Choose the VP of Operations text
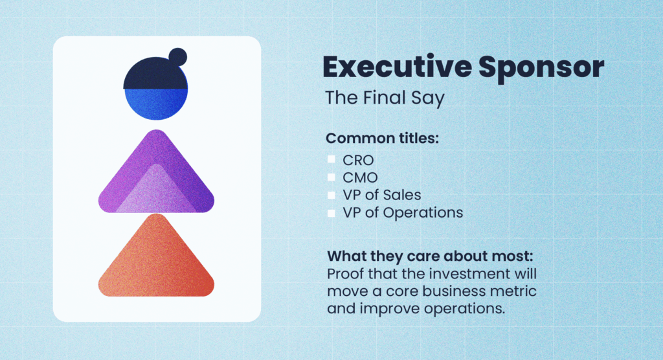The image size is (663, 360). pyautogui.click(x=403, y=212)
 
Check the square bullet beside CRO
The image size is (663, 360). pyautogui.click(x=331, y=159)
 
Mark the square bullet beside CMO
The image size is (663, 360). pyautogui.click(x=331, y=177)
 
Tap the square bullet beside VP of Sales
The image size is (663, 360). pyautogui.click(x=331, y=194)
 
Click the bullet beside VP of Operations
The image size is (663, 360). pyautogui.click(x=331, y=212)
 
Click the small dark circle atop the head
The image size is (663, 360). pyautogui.click(x=177, y=56)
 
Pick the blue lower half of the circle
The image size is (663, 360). pyautogui.click(x=156, y=104)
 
